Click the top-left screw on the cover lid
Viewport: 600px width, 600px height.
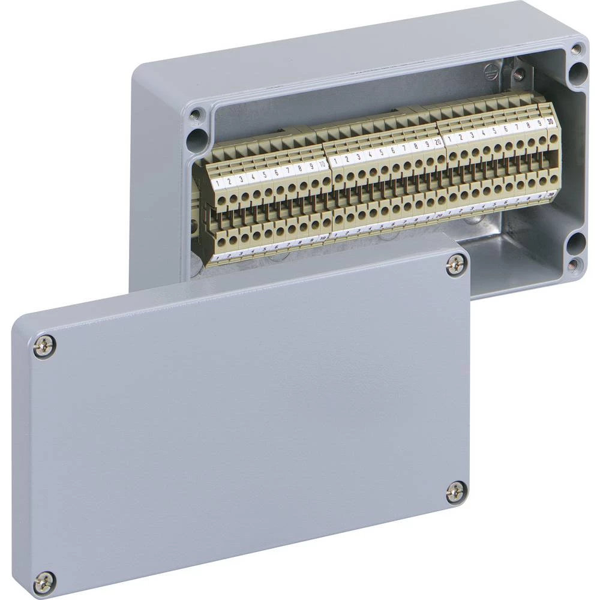[44, 346]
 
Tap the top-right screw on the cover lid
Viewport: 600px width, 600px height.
[456, 265]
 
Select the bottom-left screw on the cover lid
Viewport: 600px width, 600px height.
[44, 580]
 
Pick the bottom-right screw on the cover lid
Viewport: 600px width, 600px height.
[455, 492]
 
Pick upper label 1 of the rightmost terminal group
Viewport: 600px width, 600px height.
[451, 139]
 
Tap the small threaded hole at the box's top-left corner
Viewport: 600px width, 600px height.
[195, 113]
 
